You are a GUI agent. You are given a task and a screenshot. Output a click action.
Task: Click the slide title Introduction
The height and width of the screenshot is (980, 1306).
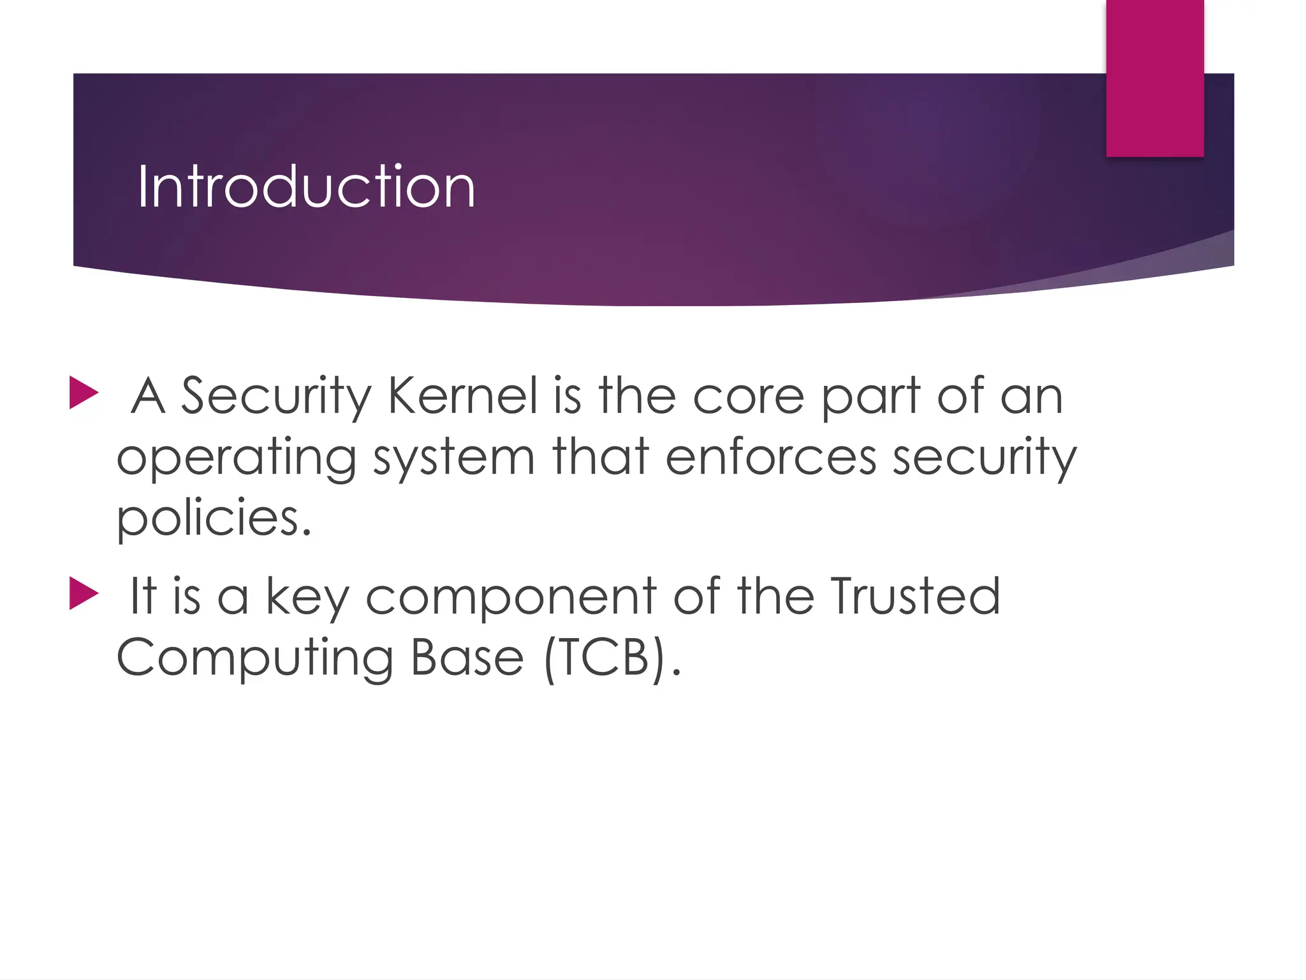click(x=306, y=186)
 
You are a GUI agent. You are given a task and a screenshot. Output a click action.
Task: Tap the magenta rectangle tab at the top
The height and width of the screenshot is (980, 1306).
click(x=1154, y=78)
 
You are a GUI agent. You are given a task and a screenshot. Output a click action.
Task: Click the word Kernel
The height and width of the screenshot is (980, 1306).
click(x=463, y=396)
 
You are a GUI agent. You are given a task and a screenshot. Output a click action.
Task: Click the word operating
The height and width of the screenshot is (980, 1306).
click(x=237, y=458)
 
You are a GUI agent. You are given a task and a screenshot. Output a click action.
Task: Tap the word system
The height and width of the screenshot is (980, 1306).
click(x=453, y=458)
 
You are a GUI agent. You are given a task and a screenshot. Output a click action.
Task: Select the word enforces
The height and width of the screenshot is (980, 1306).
click(x=771, y=457)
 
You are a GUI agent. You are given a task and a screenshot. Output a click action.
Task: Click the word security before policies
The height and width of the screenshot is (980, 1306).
click(x=984, y=457)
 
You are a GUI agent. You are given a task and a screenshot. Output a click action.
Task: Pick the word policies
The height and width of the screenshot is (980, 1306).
click(x=214, y=518)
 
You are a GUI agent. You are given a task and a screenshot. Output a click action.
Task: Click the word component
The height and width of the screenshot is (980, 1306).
click(x=511, y=597)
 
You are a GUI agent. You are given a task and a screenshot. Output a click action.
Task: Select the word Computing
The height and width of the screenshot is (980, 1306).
click(x=254, y=658)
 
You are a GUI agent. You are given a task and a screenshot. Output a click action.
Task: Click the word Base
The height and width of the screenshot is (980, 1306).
click(x=467, y=657)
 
